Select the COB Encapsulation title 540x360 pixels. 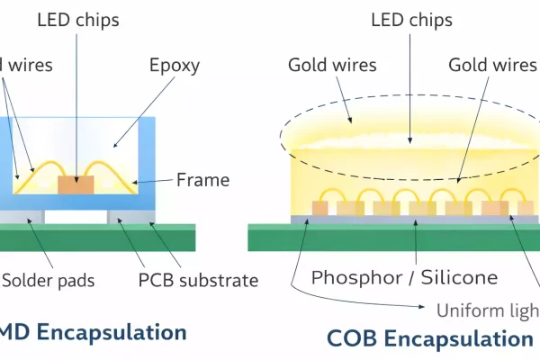coord(429,338)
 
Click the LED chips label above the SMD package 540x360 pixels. coord(76,19)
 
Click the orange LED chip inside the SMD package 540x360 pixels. coord(76,184)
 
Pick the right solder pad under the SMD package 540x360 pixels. coord(130,217)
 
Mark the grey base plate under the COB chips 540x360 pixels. coord(414,219)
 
